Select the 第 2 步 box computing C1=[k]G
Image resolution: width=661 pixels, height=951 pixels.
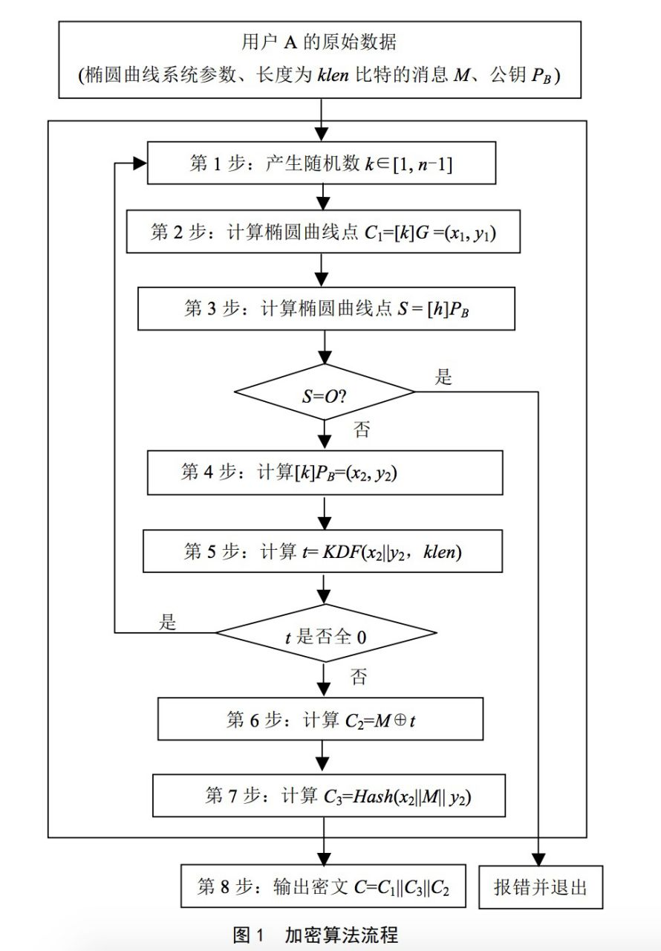(x=322, y=232)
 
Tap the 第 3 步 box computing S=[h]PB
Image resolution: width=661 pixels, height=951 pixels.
(x=325, y=309)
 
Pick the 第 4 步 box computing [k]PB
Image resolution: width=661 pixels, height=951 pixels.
(x=325, y=473)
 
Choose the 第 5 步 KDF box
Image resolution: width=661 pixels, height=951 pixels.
(x=325, y=552)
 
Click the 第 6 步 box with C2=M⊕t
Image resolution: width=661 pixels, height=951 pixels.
(x=322, y=719)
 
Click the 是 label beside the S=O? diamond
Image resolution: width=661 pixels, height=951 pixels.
(x=443, y=377)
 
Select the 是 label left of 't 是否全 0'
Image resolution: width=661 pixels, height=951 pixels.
(x=169, y=622)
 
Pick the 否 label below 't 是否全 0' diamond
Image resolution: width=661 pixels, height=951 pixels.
(x=359, y=676)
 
